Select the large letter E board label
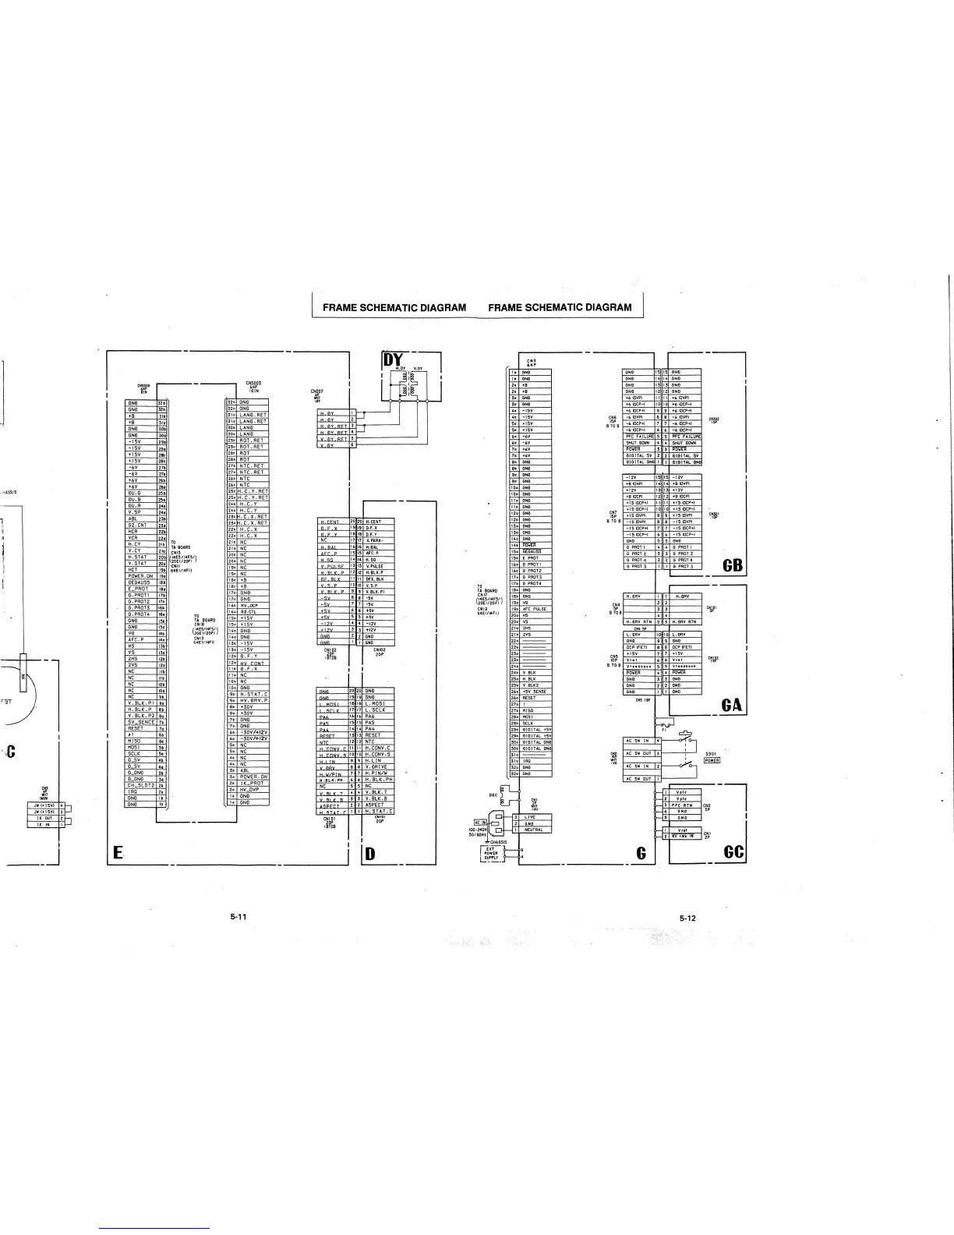pyautogui.click(x=116, y=852)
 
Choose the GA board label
pyautogui.click(x=731, y=706)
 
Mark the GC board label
pyautogui.click(x=733, y=851)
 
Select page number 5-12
pyautogui.click(x=687, y=918)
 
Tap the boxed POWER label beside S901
pyautogui.click(x=711, y=760)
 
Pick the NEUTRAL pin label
pyautogui.click(x=534, y=830)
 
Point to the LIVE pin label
pyautogui.click(x=530, y=816)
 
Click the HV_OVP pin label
pyautogui.click(x=253, y=789)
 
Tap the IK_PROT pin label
pyautogui.click(x=253, y=782)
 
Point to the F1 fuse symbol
pyautogui.click(x=663, y=722)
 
